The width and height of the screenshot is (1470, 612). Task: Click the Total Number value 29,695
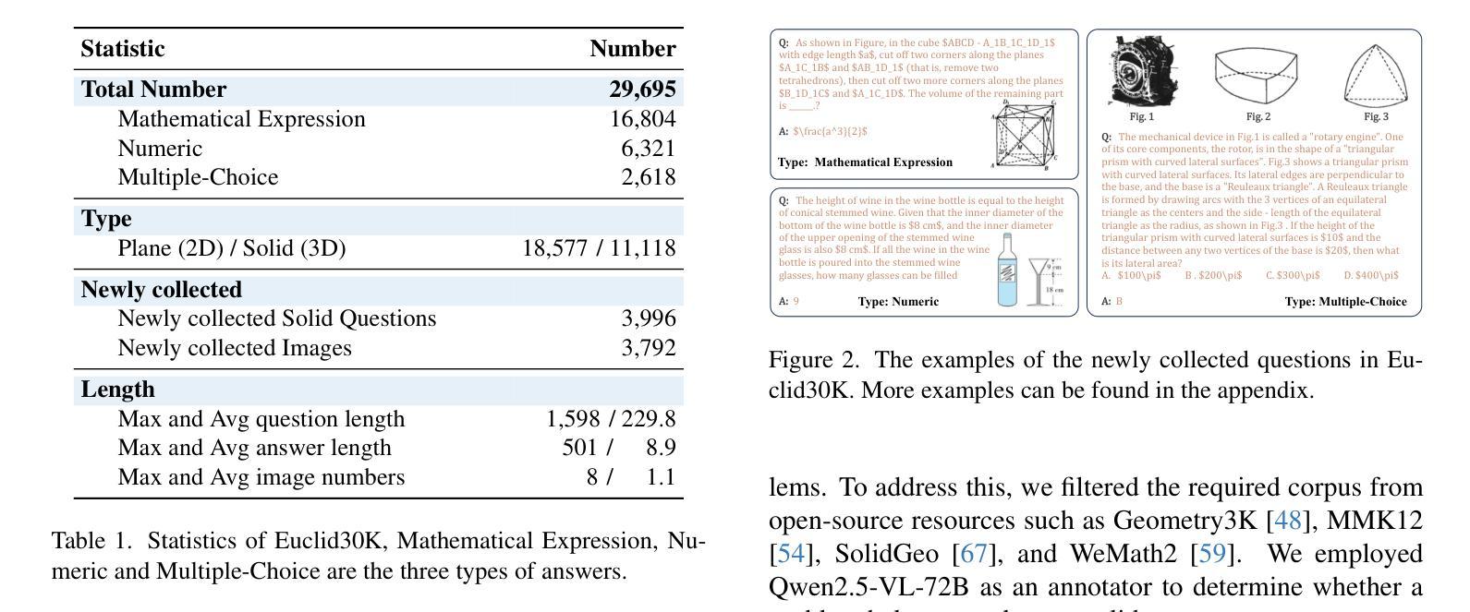tap(642, 90)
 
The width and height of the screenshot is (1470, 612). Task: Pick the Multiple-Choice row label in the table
tap(198, 177)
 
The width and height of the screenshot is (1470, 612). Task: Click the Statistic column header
tap(123, 49)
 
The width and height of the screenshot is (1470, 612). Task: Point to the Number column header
tap(633, 49)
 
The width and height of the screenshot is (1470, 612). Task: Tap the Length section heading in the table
tap(117, 390)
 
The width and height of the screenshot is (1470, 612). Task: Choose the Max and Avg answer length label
tap(254, 448)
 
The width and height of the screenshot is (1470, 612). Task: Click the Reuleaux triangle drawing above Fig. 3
tap(1376, 75)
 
